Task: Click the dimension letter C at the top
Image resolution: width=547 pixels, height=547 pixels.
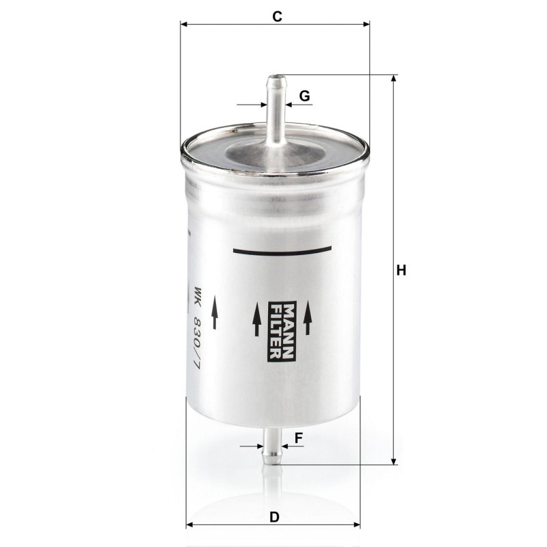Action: pos(277,16)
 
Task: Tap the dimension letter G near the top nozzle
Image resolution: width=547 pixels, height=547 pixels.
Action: pos(304,96)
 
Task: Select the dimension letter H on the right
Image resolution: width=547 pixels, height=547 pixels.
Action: pos(401,270)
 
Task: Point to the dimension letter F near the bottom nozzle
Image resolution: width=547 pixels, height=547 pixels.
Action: pos(299,438)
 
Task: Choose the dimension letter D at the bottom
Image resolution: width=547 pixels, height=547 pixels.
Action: pos(275,517)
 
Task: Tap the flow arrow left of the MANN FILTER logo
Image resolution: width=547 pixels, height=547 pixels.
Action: pos(257,319)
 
